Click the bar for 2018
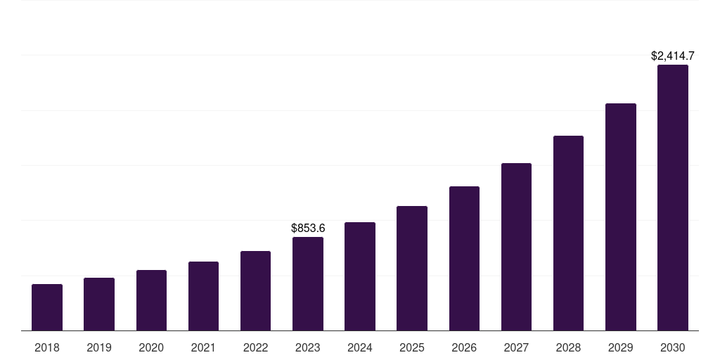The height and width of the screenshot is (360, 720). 47,307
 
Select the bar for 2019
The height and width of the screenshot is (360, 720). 99,304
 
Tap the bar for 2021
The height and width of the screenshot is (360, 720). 203,296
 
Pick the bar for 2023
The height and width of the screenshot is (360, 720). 308,283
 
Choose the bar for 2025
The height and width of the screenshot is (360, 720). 412,268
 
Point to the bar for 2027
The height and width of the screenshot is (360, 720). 516,247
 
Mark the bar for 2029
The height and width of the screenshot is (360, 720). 620,217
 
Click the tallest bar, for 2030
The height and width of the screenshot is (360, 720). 673,198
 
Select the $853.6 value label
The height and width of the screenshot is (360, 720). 308,228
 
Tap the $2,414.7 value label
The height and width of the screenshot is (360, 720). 673,56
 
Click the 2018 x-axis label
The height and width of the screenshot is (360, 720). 47,347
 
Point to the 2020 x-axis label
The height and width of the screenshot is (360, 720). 151,347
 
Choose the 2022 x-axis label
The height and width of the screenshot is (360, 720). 255,347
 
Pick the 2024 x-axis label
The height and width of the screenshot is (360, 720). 360,347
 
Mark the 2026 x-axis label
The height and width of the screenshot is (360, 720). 464,347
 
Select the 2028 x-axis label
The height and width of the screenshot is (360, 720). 568,347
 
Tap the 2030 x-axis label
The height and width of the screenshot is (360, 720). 673,347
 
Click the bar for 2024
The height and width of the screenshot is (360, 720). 360,276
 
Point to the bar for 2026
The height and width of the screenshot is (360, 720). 464,258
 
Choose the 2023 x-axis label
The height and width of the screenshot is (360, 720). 308,347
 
